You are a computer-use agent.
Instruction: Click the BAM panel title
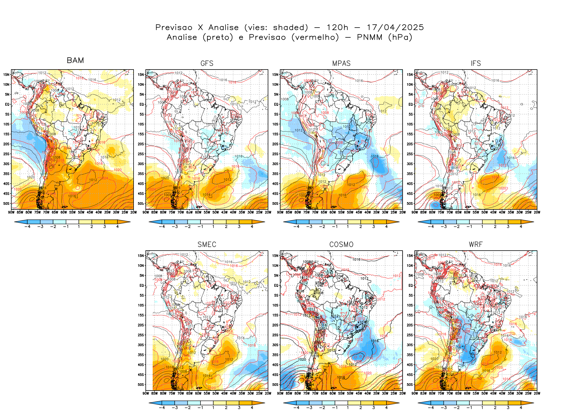75,60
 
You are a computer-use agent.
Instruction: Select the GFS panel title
207,63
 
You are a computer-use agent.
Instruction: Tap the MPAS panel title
341,63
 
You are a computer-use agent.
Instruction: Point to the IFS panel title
476,63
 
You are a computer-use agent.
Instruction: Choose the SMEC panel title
207,245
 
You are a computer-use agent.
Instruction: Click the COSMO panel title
341,245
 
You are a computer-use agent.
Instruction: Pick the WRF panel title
476,245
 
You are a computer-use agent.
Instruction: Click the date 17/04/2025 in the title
395,28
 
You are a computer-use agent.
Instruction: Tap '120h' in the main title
338,28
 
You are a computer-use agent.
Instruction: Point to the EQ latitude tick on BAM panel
7,104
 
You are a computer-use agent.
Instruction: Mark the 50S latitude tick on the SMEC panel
141,385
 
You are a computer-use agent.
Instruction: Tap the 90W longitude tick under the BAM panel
11,212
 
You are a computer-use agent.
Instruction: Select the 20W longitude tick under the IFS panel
537,212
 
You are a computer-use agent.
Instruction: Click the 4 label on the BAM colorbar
117,227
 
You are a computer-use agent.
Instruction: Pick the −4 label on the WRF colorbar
431,408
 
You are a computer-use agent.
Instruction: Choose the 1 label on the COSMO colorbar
348,408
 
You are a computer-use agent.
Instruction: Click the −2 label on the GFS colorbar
187,227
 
